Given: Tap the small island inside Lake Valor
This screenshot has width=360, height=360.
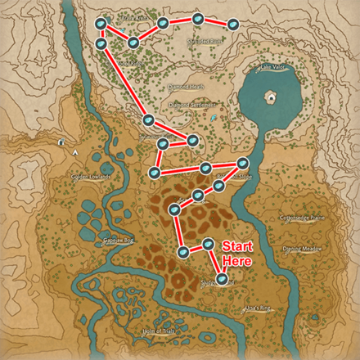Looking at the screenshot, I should [x=269, y=97].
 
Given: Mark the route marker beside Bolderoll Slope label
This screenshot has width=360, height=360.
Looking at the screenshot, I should [x=242, y=160].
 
